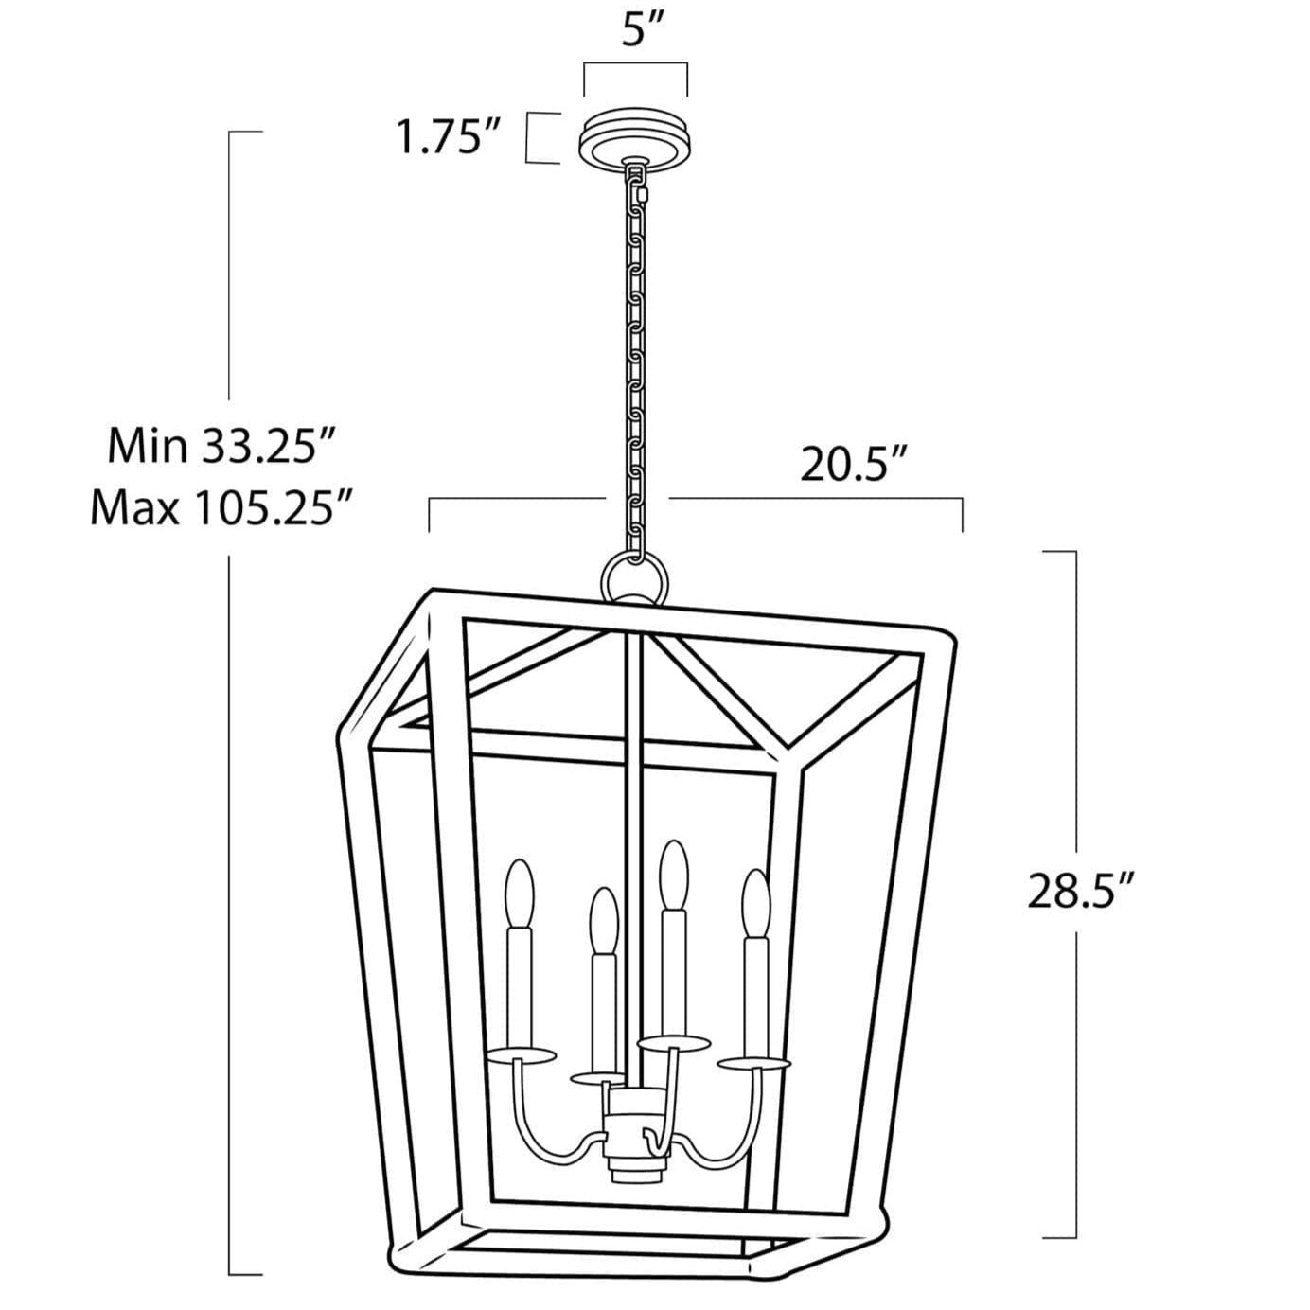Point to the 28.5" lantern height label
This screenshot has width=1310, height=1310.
click(1080, 891)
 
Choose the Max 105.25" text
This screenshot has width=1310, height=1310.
click(221, 508)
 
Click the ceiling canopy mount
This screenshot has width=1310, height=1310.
click(636, 140)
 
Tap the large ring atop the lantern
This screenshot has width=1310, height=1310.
click(635, 577)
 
